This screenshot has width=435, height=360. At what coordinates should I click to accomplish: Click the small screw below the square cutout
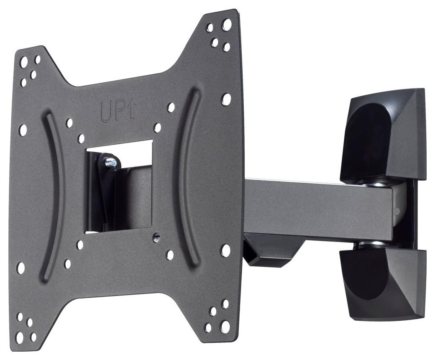point(157,236)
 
